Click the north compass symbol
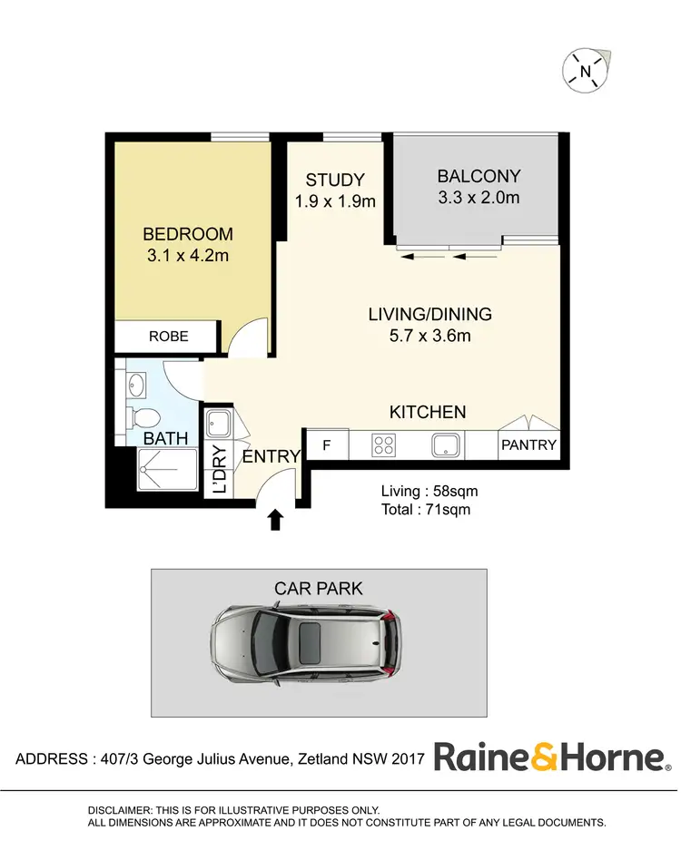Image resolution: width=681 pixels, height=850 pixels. click(x=587, y=71)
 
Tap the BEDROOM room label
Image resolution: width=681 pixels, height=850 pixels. click(x=188, y=234)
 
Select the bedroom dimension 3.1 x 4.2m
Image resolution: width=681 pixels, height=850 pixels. click(x=188, y=256)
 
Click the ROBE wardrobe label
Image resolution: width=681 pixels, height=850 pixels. click(x=169, y=337)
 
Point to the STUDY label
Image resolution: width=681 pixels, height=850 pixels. click(x=335, y=180)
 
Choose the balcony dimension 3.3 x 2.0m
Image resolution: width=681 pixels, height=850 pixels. click(x=479, y=197)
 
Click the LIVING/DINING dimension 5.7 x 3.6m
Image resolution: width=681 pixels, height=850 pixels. click(x=429, y=337)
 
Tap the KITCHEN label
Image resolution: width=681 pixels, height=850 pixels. click(x=428, y=412)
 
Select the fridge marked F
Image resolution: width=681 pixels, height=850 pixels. click(x=327, y=445)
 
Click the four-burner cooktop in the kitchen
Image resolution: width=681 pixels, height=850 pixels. click(x=383, y=445)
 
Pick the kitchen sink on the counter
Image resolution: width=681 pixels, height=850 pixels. click(x=446, y=445)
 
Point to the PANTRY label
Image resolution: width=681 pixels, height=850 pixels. click(x=528, y=446)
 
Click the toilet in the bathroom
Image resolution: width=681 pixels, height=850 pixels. click(x=144, y=417)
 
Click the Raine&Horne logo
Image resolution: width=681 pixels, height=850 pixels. click(x=551, y=757)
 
